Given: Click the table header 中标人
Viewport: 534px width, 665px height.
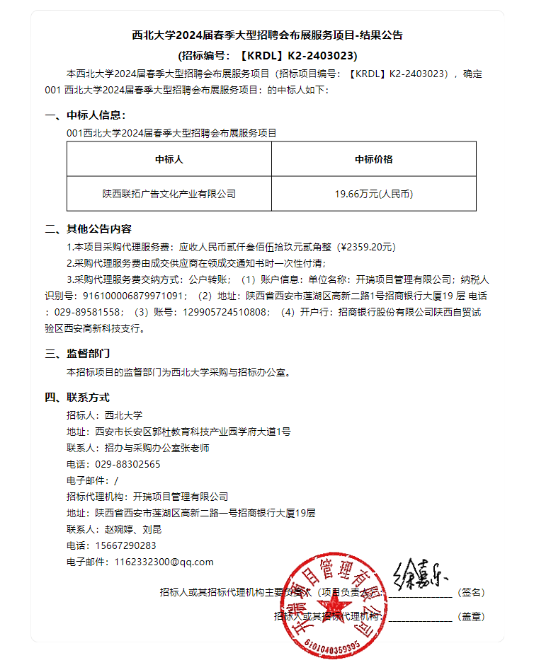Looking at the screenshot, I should (x=169, y=159).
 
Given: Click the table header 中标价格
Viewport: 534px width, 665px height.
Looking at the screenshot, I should (x=373, y=159).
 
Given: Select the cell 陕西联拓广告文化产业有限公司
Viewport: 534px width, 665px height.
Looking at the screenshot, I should (x=169, y=193).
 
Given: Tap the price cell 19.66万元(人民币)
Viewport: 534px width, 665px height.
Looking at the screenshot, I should (x=373, y=193).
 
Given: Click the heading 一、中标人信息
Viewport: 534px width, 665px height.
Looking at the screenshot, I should (x=85, y=115).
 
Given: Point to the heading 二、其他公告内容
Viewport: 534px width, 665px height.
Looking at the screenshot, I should (x=88, y=229).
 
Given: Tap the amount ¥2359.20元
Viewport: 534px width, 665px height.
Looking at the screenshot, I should (x=367, y=247).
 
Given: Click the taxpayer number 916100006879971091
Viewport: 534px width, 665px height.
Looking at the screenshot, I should (x=135, y=295).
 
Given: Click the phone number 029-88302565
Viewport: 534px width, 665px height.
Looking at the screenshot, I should (x=127, y=464).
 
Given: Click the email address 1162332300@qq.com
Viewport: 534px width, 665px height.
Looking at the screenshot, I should (x=159, y=562).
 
